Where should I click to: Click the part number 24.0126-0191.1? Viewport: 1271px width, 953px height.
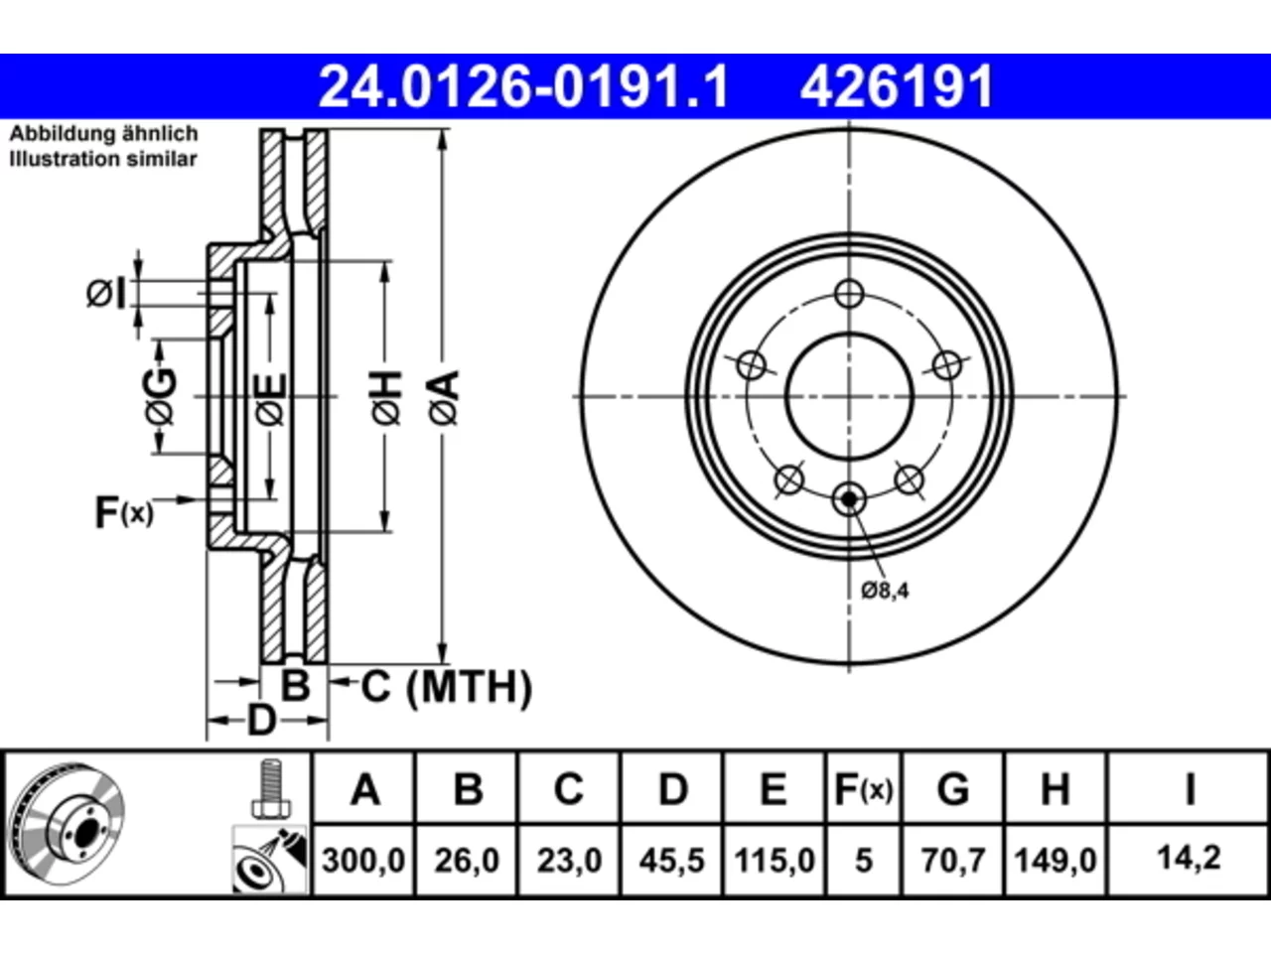(523, 86)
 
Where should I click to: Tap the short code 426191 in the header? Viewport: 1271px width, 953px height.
(897, 86)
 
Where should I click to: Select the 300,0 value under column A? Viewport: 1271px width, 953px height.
(363, 861)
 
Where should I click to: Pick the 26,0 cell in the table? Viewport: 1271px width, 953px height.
(467, 861)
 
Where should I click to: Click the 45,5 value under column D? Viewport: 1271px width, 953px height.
(671, 861)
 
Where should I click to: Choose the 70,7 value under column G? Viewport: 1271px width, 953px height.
(953, 861)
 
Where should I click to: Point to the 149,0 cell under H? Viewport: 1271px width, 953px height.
(1055, 861)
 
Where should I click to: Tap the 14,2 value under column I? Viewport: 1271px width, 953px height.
(1189, 858)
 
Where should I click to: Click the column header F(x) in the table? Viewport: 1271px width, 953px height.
(863, 789)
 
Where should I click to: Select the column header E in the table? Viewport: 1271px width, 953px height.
(773, 789)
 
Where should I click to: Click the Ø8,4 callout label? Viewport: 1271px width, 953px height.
(885, 591)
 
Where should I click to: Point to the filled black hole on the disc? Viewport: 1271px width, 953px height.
(849, 498)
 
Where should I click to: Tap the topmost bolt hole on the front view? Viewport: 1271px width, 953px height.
(849, 294)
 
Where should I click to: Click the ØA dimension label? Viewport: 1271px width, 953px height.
(444, 399)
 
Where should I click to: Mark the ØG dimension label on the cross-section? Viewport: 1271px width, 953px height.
(160, 397)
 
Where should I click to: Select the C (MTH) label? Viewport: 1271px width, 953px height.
(447, 687)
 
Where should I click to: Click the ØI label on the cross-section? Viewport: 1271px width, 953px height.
(106, 294)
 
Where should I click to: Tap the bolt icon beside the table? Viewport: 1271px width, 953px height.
(271, 788)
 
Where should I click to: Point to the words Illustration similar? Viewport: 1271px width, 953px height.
(103, 159)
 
